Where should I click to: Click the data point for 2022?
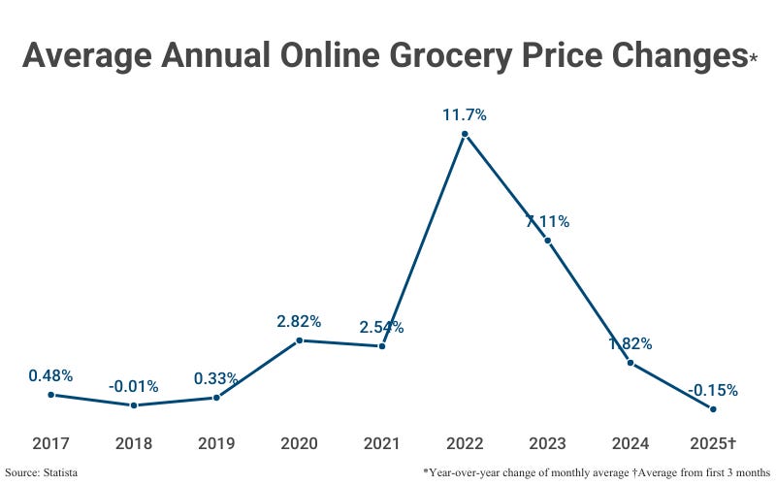point(465,135)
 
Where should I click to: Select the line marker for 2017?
point(50,395)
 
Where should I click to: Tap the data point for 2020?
point(299,340)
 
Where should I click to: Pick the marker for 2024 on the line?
point(630,363)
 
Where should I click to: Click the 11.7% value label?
point(465,114)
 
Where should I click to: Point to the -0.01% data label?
point(134,386)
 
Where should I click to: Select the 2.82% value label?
point(299,321)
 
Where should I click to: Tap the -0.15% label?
point(713,390)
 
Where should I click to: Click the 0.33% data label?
point(216,378)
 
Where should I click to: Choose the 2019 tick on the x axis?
point(216,443)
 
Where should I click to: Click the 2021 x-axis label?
point(382,443)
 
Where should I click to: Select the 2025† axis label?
point(713,443)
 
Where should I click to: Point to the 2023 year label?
point(548,443)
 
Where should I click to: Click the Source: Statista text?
point(41,471)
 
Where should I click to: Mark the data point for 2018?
point(134,405)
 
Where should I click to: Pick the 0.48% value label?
point(50,375)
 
